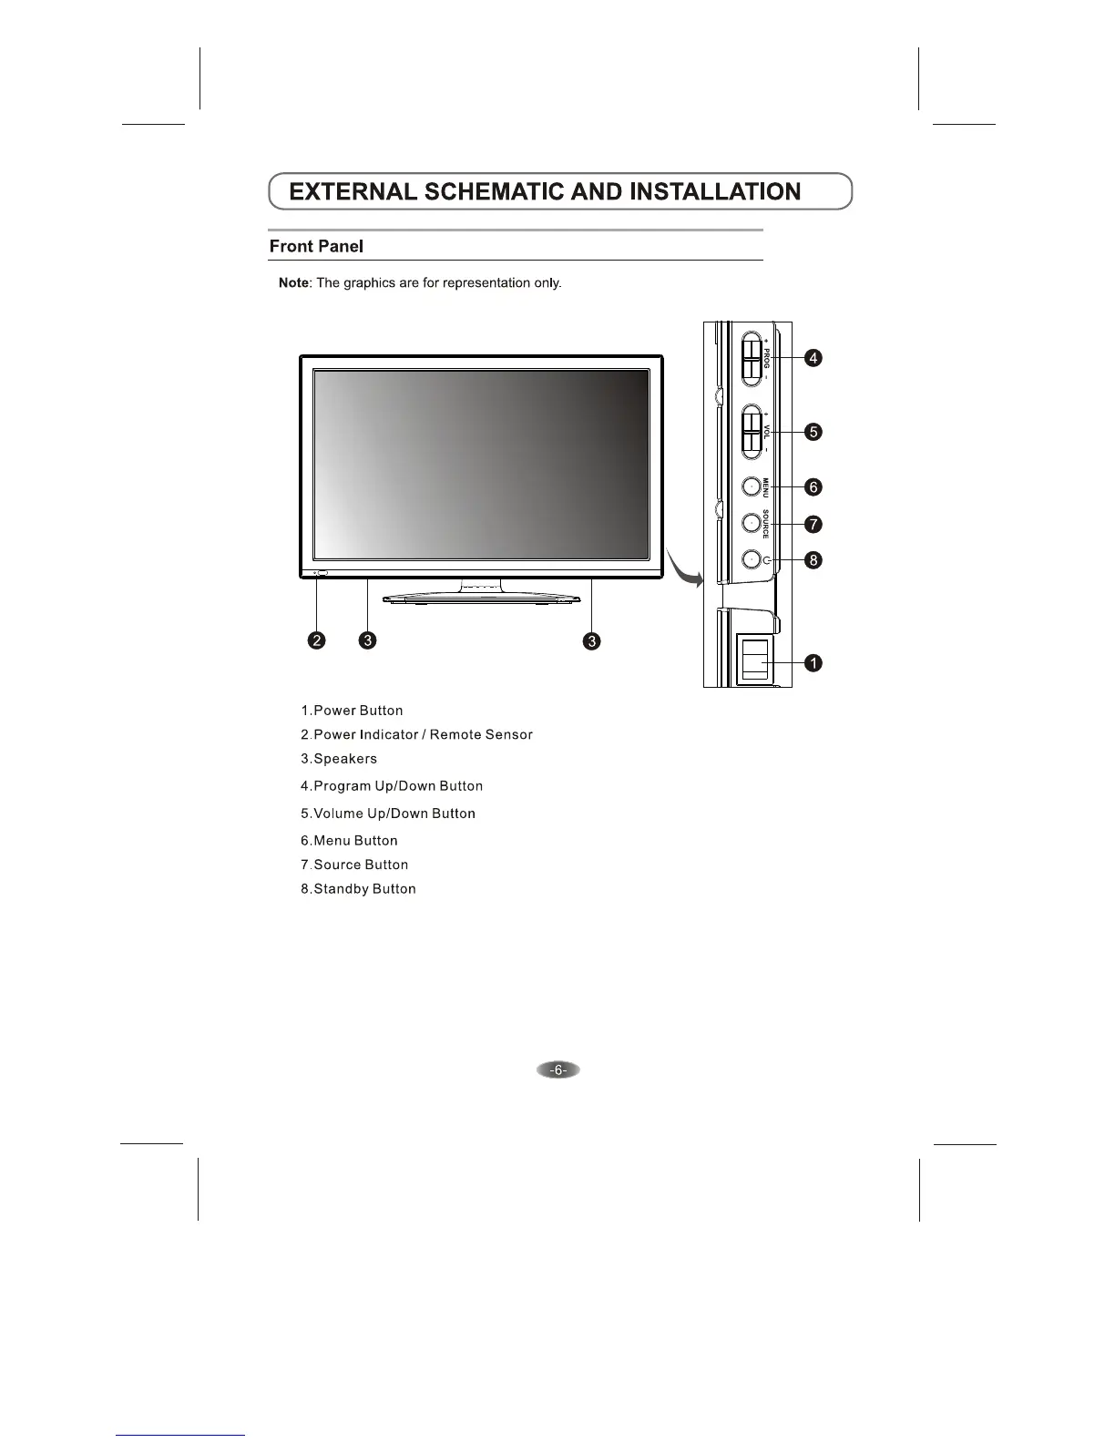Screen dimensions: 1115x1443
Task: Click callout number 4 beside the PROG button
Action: [813, 358]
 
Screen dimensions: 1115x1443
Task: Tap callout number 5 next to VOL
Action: [813, 432]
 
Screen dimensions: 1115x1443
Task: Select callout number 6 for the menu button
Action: [813, 487]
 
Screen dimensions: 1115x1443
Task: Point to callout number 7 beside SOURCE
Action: [813, 524]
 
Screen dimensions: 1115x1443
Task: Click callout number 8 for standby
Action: [813, 560]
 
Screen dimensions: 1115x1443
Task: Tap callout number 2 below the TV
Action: [316, 640]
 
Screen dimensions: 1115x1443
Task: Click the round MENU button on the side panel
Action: [751, 487]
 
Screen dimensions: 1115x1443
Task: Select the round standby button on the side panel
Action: [751, 559]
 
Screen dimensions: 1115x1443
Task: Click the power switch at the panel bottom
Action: [753, 660]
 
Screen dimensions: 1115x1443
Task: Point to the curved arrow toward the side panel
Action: [685, 569]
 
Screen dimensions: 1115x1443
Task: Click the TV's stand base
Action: [481, 599]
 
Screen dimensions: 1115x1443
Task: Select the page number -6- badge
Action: [558, 1070]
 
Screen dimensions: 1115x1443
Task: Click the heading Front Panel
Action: [316, 247]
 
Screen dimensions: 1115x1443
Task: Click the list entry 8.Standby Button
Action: [358, 889]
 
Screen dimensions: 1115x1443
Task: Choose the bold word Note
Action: [293, 283]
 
